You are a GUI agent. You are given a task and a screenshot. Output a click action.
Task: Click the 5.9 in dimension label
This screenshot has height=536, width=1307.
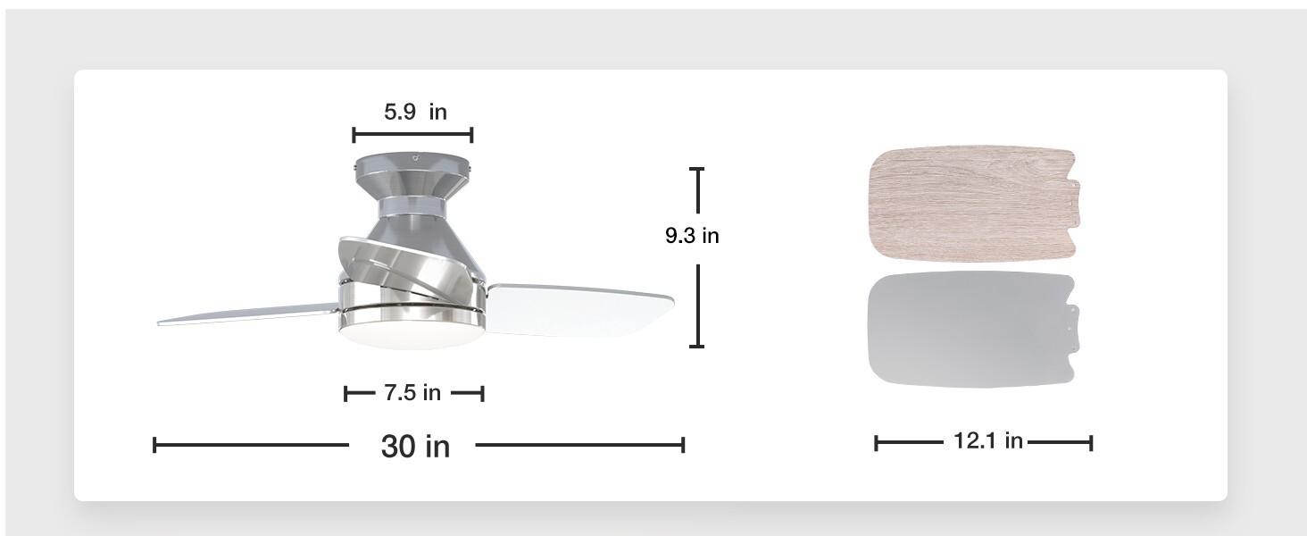415,112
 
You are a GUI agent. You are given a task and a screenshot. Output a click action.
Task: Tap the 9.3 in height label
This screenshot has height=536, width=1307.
692,235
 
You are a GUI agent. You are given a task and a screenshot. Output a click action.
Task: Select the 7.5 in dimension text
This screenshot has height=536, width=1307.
412,392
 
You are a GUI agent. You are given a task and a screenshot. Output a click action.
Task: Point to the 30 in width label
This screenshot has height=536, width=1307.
415,446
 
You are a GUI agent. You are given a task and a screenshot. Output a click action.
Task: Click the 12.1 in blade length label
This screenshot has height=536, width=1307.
987,440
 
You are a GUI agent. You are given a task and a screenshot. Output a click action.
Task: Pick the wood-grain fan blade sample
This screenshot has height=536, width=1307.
974,202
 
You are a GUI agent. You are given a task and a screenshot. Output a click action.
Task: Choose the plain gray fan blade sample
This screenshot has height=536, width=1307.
973,329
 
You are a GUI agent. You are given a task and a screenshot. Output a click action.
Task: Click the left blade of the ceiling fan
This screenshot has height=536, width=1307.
249,314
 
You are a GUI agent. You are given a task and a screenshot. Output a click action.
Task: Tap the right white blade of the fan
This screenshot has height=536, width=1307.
579,309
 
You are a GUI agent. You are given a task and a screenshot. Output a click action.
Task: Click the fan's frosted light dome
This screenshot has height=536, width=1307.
412,335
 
